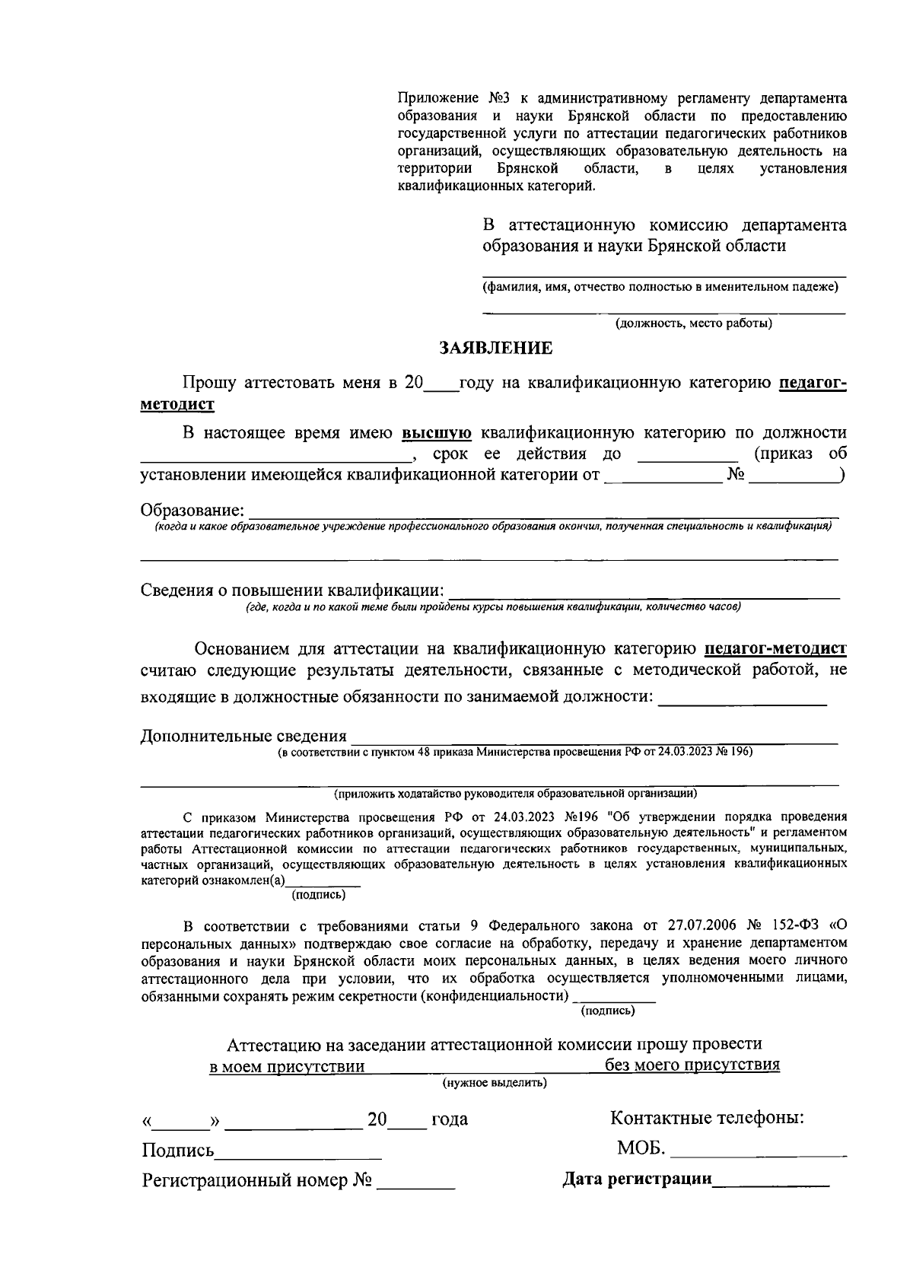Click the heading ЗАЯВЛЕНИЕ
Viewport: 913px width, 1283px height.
[x=496, y=349]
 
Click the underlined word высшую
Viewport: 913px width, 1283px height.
[x=437, y=434]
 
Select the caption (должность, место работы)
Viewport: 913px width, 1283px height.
[x=694, y=323]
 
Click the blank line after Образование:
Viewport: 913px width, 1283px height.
[x=544, y=511]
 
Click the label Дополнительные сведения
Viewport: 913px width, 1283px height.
[x=243, y=736]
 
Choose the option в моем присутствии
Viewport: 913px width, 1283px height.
[x=288, y=1066]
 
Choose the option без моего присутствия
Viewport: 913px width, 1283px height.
[x=692, y=1065]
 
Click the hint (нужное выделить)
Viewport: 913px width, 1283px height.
[x=495, y=1083]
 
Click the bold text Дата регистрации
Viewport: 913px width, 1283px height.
[x=637, y=1180]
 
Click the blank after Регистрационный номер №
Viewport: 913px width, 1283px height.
[x=416, y=1183]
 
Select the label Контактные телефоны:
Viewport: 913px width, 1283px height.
[x=708, y=1119]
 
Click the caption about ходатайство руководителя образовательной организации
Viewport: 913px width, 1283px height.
[x=515, y=794]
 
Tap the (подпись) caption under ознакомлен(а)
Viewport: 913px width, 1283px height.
[x=319, y=895]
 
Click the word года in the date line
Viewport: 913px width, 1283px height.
[x=449, y=1119]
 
